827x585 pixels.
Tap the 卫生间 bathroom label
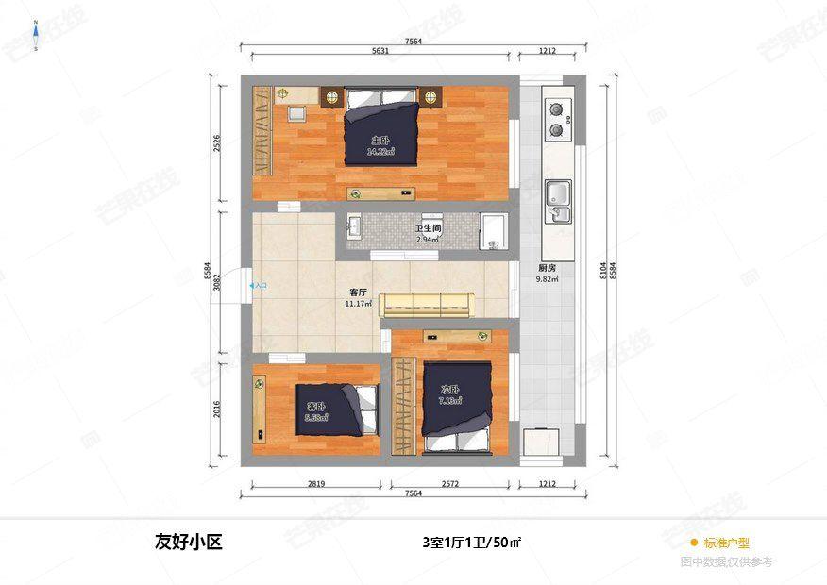[x=428, y=229]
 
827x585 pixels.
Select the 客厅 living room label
[x=357, y=294]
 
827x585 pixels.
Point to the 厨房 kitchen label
[x=547, y=268]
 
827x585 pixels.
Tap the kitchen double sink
[x=559, y=200]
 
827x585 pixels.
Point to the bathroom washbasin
[x=355, y=227]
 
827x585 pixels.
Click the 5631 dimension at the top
[x=380, y=52]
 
